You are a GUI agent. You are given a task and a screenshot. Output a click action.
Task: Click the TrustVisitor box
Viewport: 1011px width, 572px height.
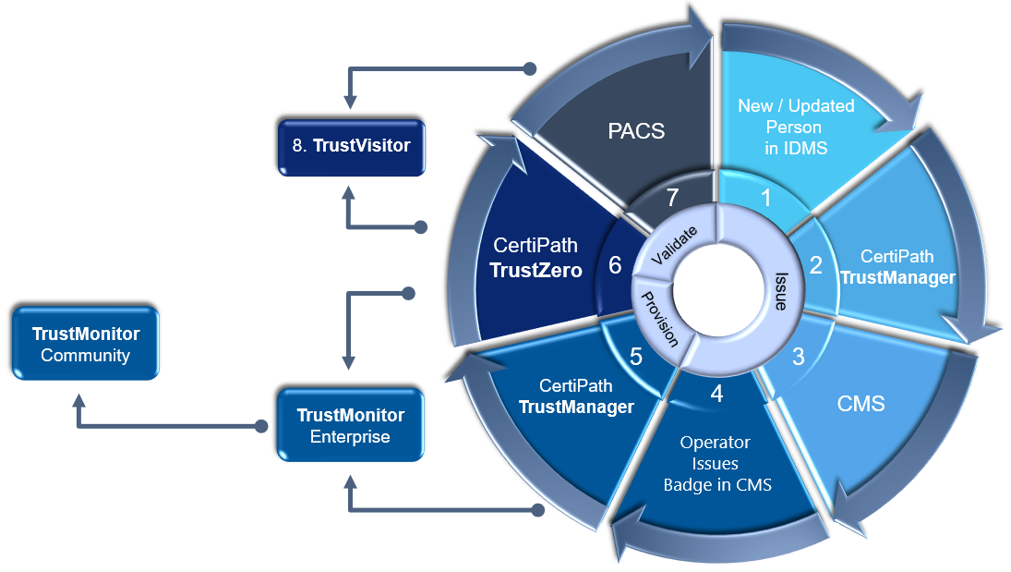352,146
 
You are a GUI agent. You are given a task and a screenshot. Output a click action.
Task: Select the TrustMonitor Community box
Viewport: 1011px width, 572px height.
86,344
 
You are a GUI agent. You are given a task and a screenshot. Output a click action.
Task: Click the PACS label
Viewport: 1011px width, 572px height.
636,130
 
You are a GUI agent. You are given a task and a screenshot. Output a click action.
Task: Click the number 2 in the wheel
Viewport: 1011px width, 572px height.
815,265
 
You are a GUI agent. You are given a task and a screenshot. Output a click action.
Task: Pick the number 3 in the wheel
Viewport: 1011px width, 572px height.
799,356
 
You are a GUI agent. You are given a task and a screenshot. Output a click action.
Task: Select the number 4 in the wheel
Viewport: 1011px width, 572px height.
716,394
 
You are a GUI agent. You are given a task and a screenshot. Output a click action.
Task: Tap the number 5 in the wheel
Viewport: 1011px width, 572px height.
636,356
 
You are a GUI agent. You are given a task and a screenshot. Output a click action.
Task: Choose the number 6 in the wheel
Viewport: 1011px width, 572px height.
615,265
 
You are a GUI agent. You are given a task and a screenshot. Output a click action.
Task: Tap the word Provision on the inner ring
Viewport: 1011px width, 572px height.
660,317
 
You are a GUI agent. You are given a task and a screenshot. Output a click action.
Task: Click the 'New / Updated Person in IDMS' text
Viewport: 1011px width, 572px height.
796,128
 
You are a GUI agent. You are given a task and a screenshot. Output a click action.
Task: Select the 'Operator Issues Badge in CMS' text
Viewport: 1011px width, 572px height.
716,464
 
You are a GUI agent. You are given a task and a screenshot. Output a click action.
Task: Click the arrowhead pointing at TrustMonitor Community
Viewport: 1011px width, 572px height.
79,400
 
